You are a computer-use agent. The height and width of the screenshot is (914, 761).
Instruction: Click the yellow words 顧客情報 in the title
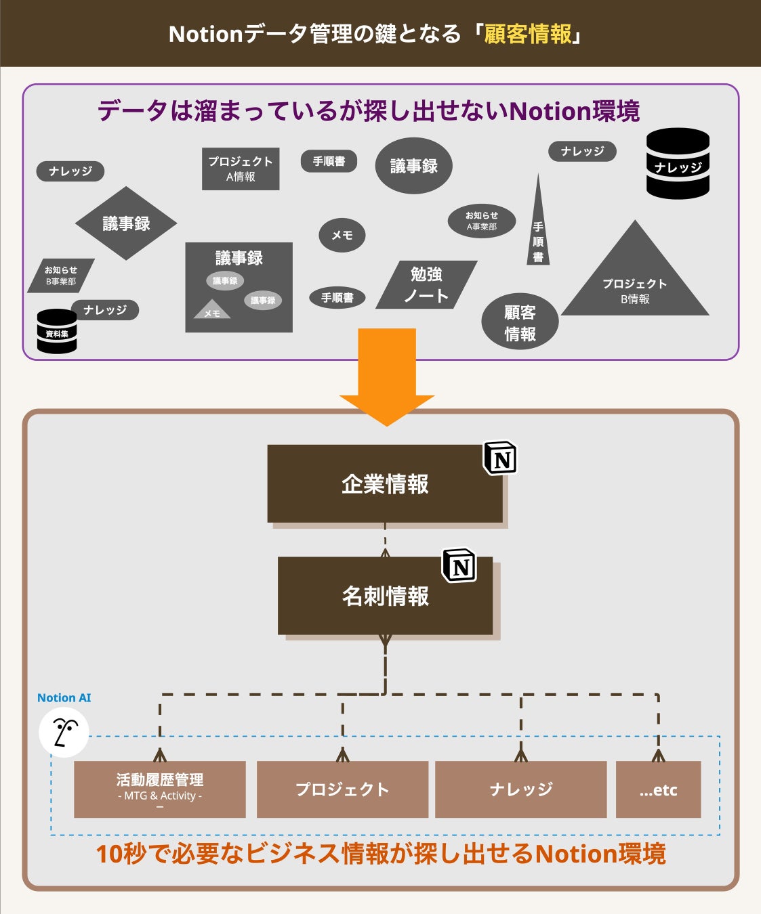(x=527, y=34)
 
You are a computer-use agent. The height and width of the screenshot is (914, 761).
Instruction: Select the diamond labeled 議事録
(x=126, y=223)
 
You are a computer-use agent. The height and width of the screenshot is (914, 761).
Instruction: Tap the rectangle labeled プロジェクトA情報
(x=241, y=169)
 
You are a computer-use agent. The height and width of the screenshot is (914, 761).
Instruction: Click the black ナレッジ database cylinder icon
(x=678, y=164)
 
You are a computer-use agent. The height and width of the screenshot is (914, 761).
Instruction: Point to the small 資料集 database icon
(x=57, y=332)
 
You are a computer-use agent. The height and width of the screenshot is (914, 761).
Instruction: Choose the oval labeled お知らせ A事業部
(x=482, y=221)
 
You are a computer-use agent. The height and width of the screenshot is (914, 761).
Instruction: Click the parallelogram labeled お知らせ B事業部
(x=61, y=276)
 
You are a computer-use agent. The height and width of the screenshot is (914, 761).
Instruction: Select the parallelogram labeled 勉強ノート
(x=426, y=285)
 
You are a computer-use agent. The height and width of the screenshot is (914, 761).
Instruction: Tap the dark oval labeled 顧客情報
(x=520, y=322)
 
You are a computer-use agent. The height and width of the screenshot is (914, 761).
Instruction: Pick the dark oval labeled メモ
(x=342, y=235)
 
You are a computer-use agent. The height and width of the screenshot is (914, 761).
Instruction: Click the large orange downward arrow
(x=386, y=372)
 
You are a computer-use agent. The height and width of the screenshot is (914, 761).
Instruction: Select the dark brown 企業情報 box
(x=385, y=483)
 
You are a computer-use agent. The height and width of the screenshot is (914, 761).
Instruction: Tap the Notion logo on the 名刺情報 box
(x=459, y=565)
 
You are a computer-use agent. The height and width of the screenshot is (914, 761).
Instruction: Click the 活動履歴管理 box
(x=160, y=789)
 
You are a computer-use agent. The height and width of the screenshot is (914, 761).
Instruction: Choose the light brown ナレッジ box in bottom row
(x=520, y=789)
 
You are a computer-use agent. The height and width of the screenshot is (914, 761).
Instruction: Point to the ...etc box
(x=658, y=789)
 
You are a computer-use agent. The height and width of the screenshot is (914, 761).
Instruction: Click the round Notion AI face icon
(x=64, y=733)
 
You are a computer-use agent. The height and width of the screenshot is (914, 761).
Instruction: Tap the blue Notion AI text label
(x=64, y=698)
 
